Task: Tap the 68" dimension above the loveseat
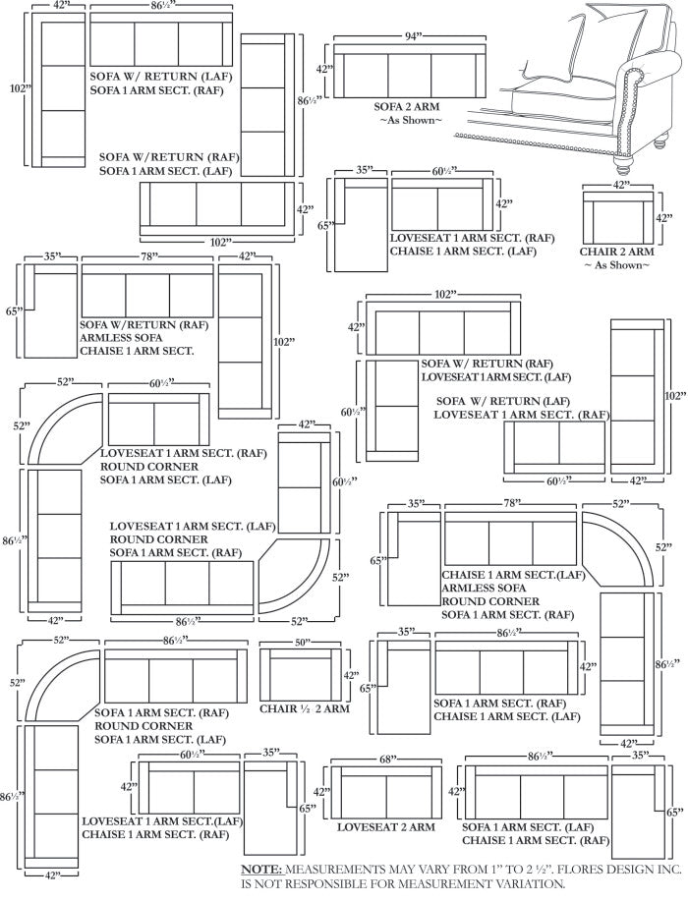387,760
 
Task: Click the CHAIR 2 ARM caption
617,253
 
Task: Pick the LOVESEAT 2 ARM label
386,827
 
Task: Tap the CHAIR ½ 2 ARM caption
306,708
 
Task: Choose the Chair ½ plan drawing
300,675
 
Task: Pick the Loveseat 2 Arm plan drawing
386,794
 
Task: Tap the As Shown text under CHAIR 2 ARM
617,265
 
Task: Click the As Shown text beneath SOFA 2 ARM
411,120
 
